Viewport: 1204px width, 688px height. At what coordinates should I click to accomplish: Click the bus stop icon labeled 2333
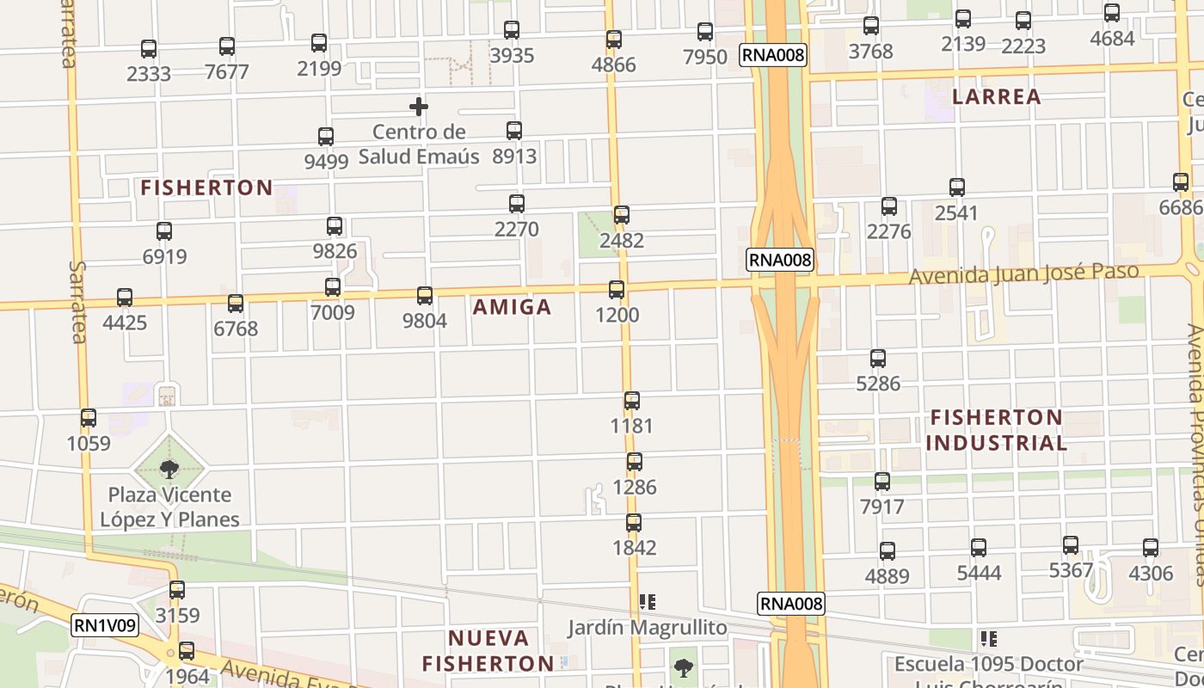pyautogui.click(x=149, y=49)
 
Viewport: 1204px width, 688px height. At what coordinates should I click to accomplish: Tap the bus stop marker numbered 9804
pyautogui.click(x=425, y=296)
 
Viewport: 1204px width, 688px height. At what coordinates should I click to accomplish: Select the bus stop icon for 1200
pyautogui.click(x=617, y=290)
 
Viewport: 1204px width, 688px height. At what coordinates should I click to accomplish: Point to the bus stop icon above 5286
pyautogui.click(x=878, y=359)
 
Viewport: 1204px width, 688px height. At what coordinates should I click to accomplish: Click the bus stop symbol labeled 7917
pyautogui.click(x=882, y=482)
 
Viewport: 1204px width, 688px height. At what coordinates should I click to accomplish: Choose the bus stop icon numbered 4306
pyautogui.click(x=1151, y=548)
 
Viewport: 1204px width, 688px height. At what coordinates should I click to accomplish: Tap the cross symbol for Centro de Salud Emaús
pyautogui.click(x=419, y=107)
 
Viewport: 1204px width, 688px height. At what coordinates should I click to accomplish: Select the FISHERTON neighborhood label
pyautogui.click(x=206, y=187)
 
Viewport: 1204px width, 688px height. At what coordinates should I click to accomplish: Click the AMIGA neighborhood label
pyautogui.click(x=512, y=307)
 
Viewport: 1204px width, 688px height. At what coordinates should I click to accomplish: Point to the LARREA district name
pyautogui.click(x=997, y=96)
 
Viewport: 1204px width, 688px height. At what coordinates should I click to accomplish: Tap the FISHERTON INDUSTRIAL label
pyautogui.click(x=997, y=430)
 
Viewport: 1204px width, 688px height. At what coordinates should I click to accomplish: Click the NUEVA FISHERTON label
pyautogui.click(x=488, y=651)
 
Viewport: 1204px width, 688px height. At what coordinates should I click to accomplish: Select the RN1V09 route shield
pyautogui.click(x=105, y=626)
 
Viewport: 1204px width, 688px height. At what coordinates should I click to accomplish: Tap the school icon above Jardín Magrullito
pyautogui.click(x=648, y=603)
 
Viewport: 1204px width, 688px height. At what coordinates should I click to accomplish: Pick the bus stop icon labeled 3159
pyautogui.click(x=177, y=590)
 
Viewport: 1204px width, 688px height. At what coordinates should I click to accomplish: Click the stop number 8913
pyautogui.click(x=514, y=156)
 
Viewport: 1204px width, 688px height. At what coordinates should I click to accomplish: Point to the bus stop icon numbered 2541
pyautogui.click(x=957, y=187)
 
